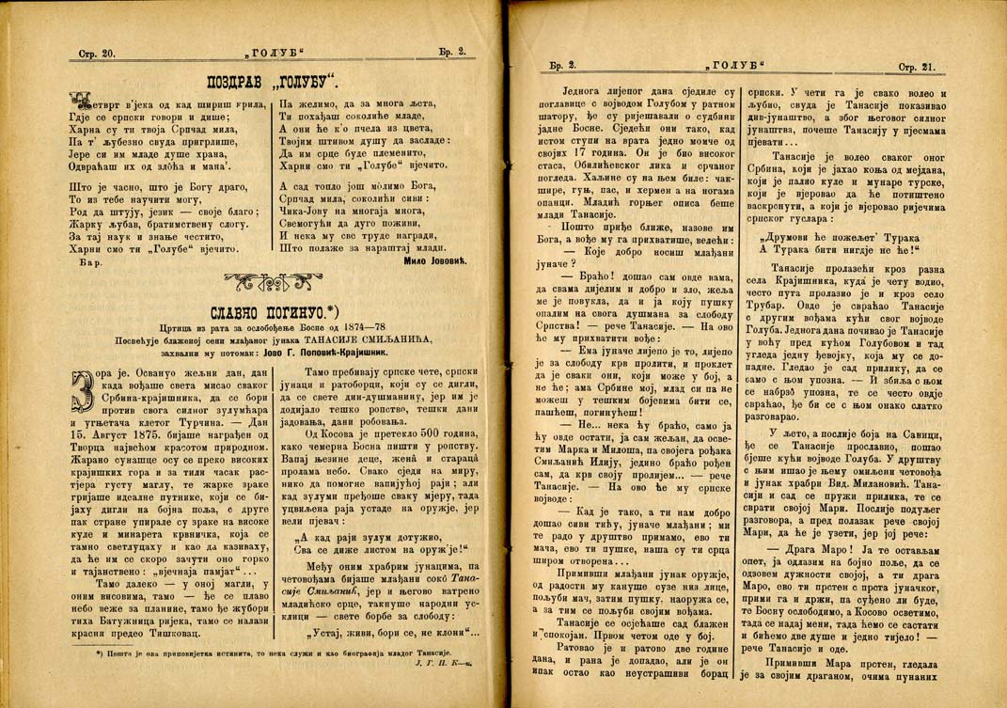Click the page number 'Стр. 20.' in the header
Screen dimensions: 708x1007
(96, 55)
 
